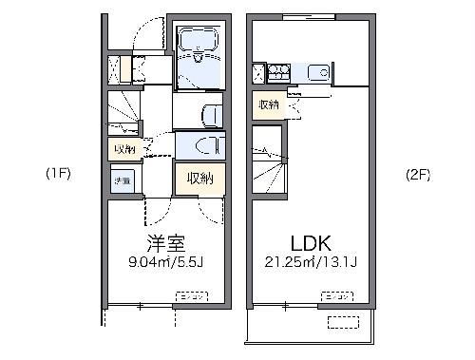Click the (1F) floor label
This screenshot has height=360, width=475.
click(58, 174)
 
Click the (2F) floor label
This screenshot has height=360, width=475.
click(418, 174)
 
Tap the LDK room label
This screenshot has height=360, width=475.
click(303, 242)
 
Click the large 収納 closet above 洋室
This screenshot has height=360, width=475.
click(198, 178)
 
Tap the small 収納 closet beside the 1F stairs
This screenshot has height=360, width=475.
click(123, 150)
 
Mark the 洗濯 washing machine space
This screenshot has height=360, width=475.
click(123, 180)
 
